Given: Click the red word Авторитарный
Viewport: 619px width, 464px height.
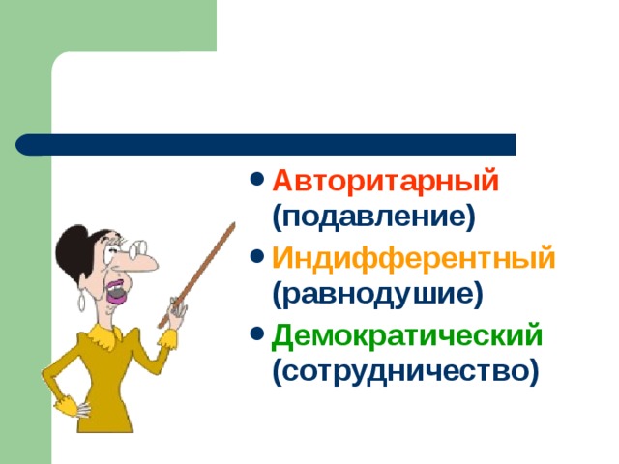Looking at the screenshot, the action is pyautogui.click(x=385, y=181).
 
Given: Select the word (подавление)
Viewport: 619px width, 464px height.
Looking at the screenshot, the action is pyautogui.click(x=373, y=217).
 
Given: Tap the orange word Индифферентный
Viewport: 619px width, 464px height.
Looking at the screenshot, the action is pyautogui.click(x=413, y=258).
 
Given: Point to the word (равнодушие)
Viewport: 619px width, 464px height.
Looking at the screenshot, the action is pyautogui.click(x=377, y=294).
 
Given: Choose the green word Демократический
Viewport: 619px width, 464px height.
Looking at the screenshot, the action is pyautogui.click(x=407, y=335).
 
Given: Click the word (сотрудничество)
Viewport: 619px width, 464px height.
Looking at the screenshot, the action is pyautogui.click(x=405, y=371).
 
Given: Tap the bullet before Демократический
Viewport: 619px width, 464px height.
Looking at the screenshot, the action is pyautogui.click(x=257, y=334).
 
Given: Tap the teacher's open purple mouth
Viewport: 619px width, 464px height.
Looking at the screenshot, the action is pyautogui.click(x=117, y=292).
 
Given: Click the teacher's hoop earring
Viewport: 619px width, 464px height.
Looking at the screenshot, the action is pyautogui.click(x=81, y=302).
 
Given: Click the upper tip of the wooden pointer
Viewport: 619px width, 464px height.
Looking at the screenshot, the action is pyautogui.click(x=234, y=223).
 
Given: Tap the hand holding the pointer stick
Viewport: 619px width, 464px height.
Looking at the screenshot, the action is pyautogui.click(x=176, y=310).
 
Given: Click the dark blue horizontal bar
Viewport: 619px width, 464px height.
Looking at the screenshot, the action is pyautogui.click(x=265, y=145).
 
